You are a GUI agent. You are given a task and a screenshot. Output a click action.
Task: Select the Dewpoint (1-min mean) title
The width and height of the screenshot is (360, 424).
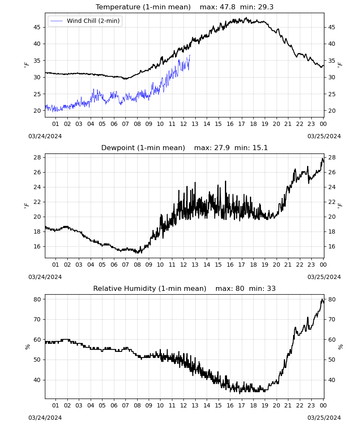pyautogui.click(x=143, y=148)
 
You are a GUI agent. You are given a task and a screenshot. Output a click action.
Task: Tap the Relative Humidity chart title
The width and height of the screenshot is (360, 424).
pyautogui.click(x=150, y=288)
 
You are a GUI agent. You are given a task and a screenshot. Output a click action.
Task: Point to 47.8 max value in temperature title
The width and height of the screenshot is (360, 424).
pyautogui.click(x=227, y=7)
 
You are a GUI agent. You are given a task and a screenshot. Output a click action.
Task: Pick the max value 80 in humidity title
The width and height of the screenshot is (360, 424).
pyautogui.click(x=240, y=288)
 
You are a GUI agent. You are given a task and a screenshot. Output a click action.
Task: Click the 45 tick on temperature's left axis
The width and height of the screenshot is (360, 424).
pyautogui.click(x=37, y=27)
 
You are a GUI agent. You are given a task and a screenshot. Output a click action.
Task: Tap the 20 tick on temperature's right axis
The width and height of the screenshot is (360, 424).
pyautogui.click(x=332, y=111)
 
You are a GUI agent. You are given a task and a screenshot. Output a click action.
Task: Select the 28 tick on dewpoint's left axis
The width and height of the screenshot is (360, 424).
pyautogui.click(x=37, y=157)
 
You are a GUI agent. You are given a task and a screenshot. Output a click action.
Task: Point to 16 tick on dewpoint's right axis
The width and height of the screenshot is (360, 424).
pyautogui.click(x=332, y=246)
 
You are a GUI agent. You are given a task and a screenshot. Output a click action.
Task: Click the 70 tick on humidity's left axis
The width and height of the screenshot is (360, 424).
pyautogui.click(x=37, y=319)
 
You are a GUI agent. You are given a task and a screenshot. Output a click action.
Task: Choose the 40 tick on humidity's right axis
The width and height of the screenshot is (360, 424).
pyautogui.click(x=332, y=380)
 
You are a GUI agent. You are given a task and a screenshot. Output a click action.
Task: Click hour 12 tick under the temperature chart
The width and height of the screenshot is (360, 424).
pyautogui.click(x=183, y=124)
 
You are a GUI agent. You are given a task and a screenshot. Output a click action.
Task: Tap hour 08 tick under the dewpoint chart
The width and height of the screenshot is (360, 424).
pyautogui.click(x=137, y=265)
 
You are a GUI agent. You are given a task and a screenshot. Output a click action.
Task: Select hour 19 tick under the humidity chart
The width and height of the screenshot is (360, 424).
pyautogui.click(x=265, y=405)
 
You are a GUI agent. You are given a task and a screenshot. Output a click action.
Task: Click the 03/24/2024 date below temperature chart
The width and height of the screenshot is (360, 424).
pyautogui.click(x=45, y=136)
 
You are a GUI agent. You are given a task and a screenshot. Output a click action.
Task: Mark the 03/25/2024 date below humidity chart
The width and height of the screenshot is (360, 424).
pyautogui.click(x=324, y=418)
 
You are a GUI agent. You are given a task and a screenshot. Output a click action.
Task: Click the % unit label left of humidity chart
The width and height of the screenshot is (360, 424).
pyautogui.click(x=27, y=347)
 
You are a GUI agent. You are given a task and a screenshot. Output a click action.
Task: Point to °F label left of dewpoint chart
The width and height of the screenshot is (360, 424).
pyautogui.click(x=26, y=206)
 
